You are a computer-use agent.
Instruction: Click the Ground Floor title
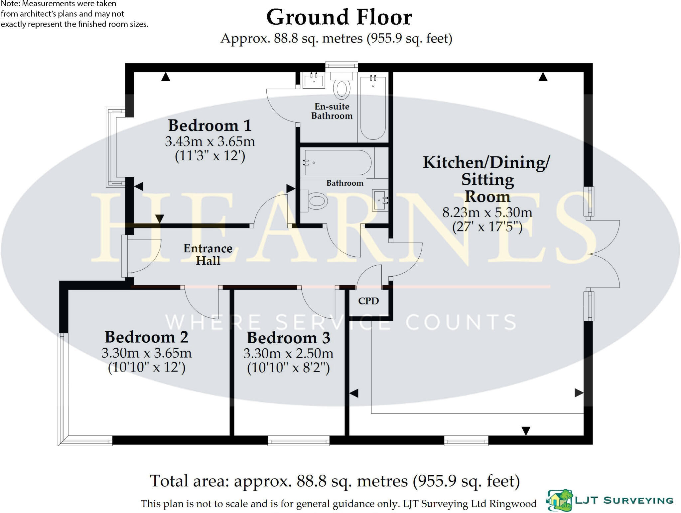[x=339, y=17]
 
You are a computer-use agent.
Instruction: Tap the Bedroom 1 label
[x=209, y=126]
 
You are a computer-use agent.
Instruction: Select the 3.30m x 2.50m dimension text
[x=288, y=353]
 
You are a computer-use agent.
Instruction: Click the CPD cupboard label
[x=368, y=301]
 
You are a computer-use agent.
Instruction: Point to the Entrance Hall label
[x=208, y=254]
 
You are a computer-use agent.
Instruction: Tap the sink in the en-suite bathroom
[x=314, y=81]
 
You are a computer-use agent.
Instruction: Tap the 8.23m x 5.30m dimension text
[x=487, y=213]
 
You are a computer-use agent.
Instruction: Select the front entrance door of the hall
[x=125, y=256]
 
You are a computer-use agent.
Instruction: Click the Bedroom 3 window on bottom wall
[x=298, y=442]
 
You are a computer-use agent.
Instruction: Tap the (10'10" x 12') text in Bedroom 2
[x=147, y=368]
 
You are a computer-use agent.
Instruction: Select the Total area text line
[x=335, y=481]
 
